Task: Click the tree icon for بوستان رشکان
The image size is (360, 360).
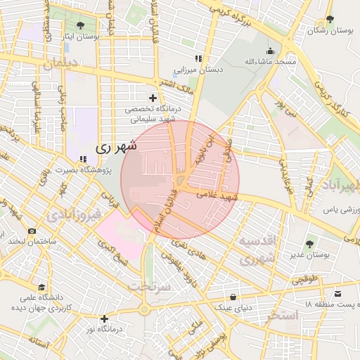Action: pyautogui.click(x=330, y=20)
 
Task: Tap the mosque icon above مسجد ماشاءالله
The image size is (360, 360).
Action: pyautogui.click(x=271, y=51)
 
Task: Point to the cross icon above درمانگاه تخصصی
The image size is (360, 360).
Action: pyautogui.click(x=153, y=97)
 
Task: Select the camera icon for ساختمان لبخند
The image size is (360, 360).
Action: pyautogui.click(x=32, y=231)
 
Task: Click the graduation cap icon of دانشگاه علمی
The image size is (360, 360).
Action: pyautogui.click(x=42, y=288)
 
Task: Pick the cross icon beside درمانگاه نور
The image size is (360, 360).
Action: pyautogui.click(x=105, y=319)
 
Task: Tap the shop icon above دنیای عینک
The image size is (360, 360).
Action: pyautogui.click(x=233, y=296)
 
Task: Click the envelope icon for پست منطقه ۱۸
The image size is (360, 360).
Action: pyautogui.click(x=338, y=292)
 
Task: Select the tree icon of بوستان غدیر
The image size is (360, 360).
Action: pyautogui.click(x=310, y=243)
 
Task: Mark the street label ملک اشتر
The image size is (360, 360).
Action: pyautogui.click(x=176, y=87)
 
